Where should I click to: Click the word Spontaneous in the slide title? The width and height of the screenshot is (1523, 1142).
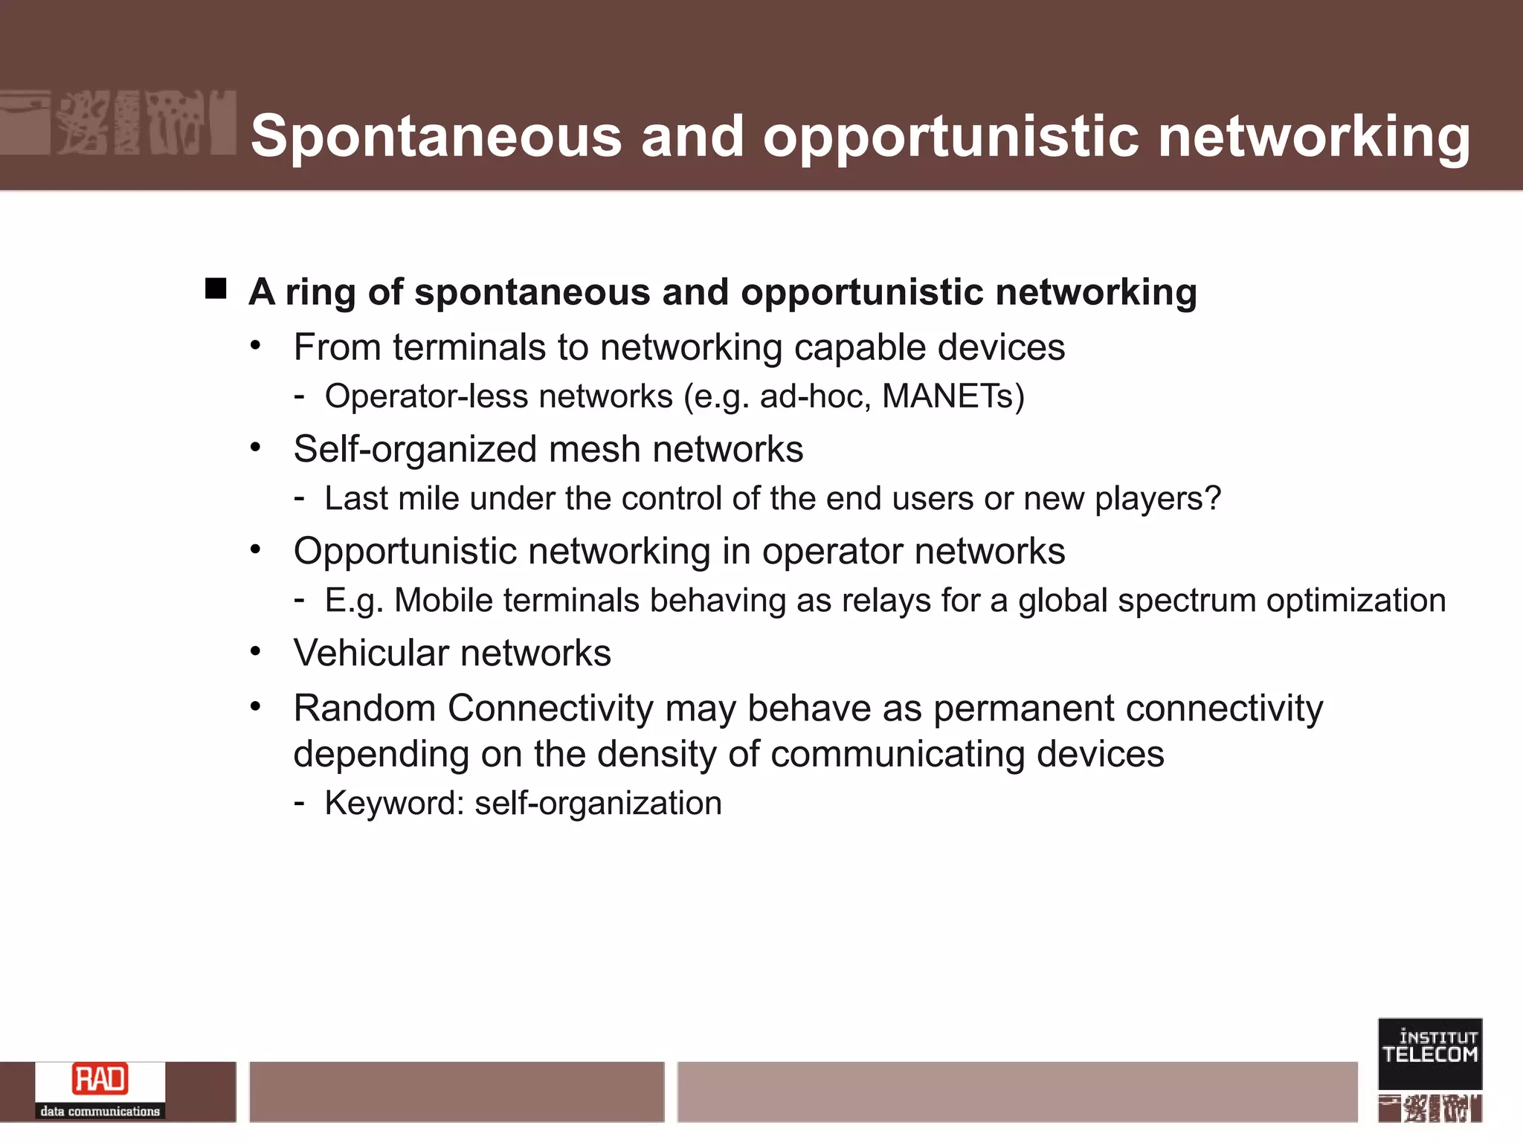tap(436, 136)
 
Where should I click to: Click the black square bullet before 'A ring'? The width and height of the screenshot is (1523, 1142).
tap(216, 288)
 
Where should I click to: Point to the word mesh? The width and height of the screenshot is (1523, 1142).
tap(594, 450)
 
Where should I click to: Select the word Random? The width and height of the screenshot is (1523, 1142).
tap(364, 708)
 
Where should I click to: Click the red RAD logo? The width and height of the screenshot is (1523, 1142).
tap(100, 1080)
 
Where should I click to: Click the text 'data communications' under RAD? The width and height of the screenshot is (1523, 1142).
tap(100, 1112)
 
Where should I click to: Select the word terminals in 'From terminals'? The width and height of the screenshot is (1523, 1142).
tap(490, 348)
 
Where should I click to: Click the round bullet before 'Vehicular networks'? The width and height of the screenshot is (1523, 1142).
tap(256, 652)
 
